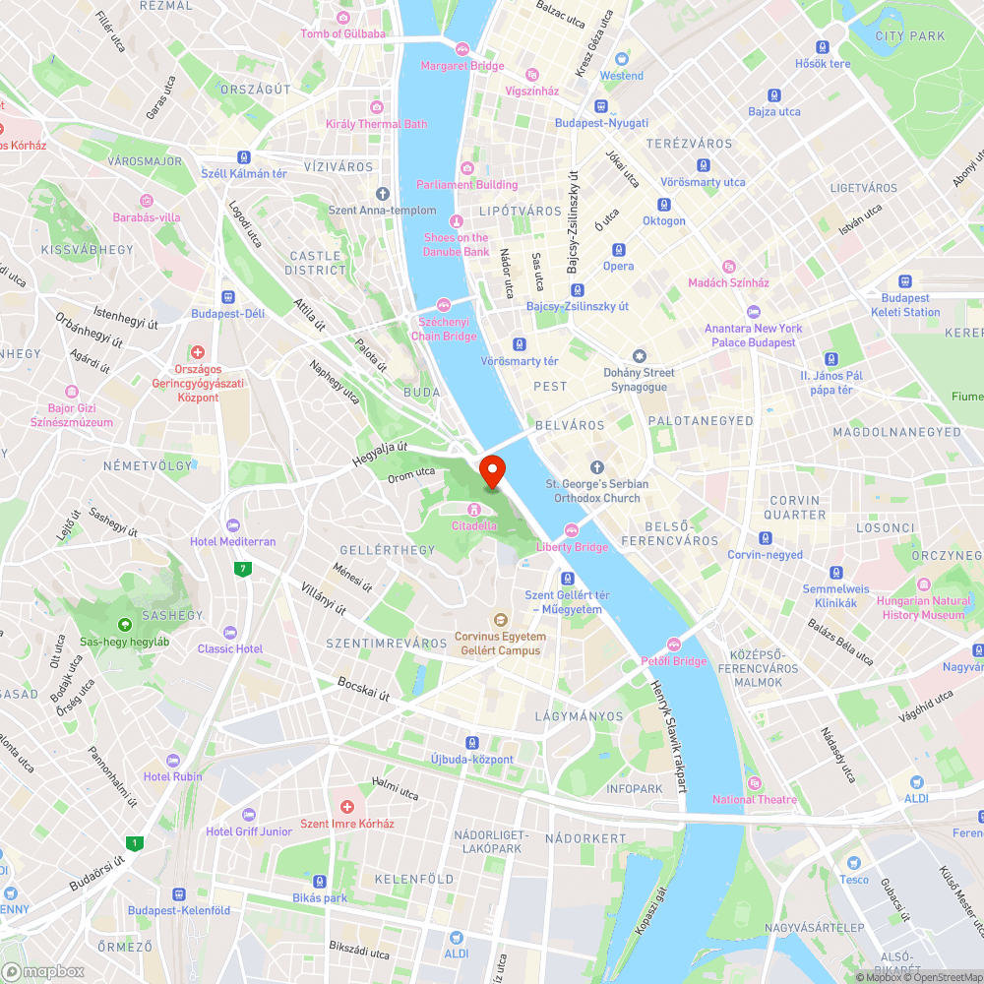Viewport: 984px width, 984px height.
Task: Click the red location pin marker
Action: tap(491, 471)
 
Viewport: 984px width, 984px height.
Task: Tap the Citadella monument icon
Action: tap(474, 509)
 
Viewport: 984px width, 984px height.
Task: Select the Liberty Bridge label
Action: tap(572, 546)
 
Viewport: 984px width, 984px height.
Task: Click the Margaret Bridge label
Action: tap(462, 66)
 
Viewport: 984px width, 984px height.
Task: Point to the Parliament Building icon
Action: tap(466, 167)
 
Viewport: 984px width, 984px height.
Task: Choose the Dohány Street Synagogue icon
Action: tap(640, 355)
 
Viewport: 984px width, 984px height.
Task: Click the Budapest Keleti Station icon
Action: tap(905, 281)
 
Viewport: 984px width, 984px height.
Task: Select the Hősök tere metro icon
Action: tap(823, 47)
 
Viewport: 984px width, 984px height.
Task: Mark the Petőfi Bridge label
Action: tap(673, 660)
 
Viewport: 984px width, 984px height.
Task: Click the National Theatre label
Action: tap(755, 799)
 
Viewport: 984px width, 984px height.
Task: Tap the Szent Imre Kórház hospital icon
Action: tap(346, 806)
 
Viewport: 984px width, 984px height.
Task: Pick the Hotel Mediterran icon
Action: tap(233, 525)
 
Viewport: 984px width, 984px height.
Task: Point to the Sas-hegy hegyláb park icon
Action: tap(125, 625)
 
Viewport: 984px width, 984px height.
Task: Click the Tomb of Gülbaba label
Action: tap(343, 33)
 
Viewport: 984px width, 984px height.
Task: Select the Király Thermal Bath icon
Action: tap(376, 107)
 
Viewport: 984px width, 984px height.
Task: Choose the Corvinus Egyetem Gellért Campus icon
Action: tap(499, 620)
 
